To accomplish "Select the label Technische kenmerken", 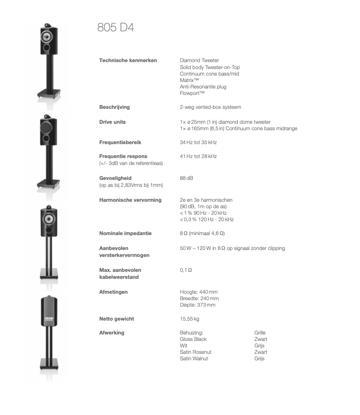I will (x=128, y=60).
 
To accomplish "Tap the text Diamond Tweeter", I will (x=199, y=60).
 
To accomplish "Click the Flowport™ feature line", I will (x=192, y=93).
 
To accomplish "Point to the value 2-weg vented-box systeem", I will (x=210, y=107).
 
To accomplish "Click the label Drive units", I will (x=112, y=122).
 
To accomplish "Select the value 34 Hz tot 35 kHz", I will (x=198, y=142).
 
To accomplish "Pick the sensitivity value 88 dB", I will (x=187, y=177).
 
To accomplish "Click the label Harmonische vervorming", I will (x=130, y=200).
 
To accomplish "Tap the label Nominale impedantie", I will (x=125, y=233).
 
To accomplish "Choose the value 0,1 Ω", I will (x=186, y=270).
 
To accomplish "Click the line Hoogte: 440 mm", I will (x=199, y=292).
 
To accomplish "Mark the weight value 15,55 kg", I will (x=190, y=319).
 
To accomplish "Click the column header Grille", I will (x=260, y=332).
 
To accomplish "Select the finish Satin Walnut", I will (x=194, y=358).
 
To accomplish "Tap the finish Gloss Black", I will (x=193, y=339).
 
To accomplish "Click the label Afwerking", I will (x=112, y=332).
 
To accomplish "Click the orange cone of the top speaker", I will (x=48, y=37).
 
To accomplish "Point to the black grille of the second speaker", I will (x=48, y=131).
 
